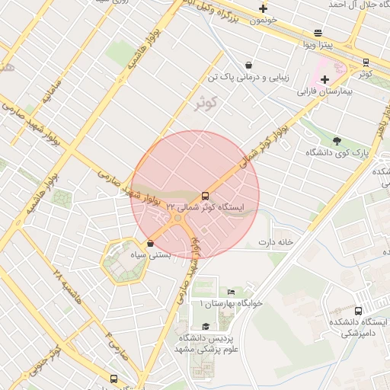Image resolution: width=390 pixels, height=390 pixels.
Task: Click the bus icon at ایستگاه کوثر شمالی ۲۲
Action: click(x=205, y=195)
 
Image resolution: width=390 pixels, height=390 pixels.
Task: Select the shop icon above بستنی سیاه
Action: click(x=150, y=243)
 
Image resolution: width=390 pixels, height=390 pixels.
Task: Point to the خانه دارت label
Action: click(x=276, y=242)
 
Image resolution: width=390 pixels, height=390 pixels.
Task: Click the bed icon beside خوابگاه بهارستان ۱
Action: click(x=232, y=292)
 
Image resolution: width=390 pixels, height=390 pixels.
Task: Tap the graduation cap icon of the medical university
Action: click(x=205, y=326)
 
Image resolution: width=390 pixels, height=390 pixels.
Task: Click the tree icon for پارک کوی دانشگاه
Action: click(x=337, y=140)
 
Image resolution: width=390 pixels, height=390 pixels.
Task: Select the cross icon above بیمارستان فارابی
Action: click(x=325, y=79)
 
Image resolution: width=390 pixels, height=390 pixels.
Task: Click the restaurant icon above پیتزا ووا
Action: click(x=318, y=33)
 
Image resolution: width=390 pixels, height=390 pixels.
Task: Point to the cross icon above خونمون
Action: click(x=263, y=9)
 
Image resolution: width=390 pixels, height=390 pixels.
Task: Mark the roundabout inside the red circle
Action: click(x=177, y=219)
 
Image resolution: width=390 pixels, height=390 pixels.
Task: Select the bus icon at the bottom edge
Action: click(x=114, y=379)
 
